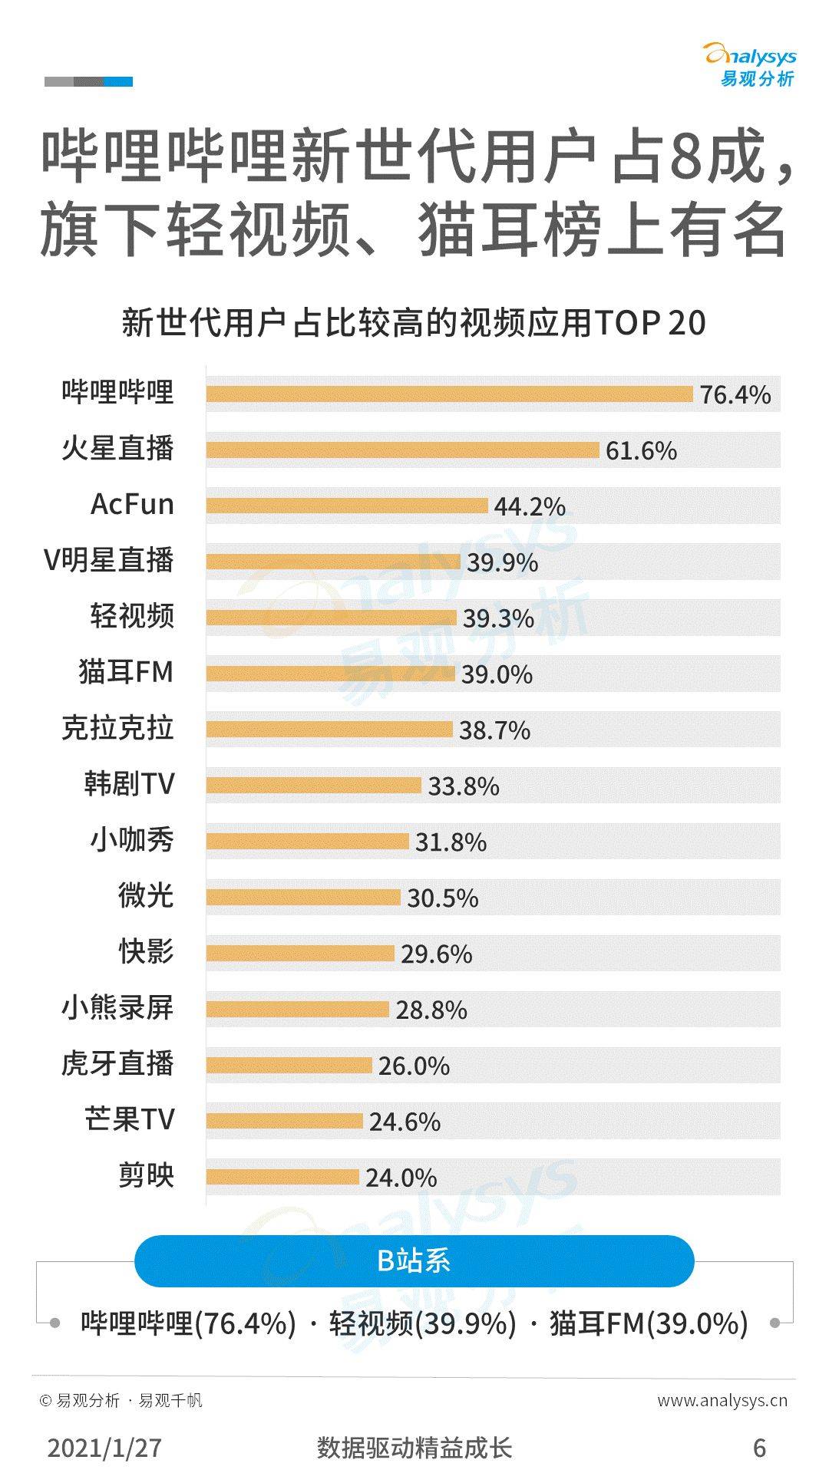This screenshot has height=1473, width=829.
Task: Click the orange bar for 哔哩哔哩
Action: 449,394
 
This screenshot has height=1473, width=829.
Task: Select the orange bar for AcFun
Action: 347,506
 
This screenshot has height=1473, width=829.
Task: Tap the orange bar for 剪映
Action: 282,1177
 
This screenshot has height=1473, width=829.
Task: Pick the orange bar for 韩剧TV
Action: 313,785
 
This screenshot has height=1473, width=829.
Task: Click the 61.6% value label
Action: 641,450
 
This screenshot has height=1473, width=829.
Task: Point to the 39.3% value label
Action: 498,618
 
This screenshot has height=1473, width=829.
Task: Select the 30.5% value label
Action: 442,898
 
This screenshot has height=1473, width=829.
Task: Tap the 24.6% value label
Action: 405,1122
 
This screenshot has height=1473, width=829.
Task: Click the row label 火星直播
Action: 117,448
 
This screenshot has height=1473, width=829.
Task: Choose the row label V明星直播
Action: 108,560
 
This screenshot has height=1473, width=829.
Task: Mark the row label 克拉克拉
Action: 117,727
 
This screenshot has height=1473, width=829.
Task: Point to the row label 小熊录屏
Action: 117,1007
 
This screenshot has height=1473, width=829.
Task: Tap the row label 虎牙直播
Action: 117,1063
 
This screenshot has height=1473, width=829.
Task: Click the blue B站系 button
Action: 414,1260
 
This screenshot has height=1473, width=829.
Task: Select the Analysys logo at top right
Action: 751,65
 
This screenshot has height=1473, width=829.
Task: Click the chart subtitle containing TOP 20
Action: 414,323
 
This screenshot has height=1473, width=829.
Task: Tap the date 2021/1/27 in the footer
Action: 104,1447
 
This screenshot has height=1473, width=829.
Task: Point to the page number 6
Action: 759,1447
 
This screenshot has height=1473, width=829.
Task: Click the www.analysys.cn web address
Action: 722,1400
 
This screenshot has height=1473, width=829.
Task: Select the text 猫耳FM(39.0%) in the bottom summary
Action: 649,1323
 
